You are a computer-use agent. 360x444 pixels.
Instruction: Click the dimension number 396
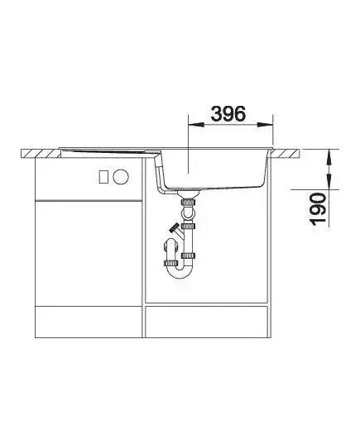(x=228, y=114)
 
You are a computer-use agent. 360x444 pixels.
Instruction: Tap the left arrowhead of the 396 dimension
(x=196, y=125)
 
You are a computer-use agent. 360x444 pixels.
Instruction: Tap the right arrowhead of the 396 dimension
(x=266, y=125)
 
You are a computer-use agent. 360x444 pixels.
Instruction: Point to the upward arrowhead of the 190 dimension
(x=329, y=157)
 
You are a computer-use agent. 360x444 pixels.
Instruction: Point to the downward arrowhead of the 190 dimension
(x=329, y=181)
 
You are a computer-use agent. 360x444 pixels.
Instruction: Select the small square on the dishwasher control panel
(x=103, y=177)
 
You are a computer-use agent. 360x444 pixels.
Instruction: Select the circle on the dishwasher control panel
(x=121, y=177)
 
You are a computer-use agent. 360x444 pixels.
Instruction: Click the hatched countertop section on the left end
(x=41, y=154)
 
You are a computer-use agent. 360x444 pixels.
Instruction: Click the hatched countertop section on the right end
(x=286, y=153)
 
